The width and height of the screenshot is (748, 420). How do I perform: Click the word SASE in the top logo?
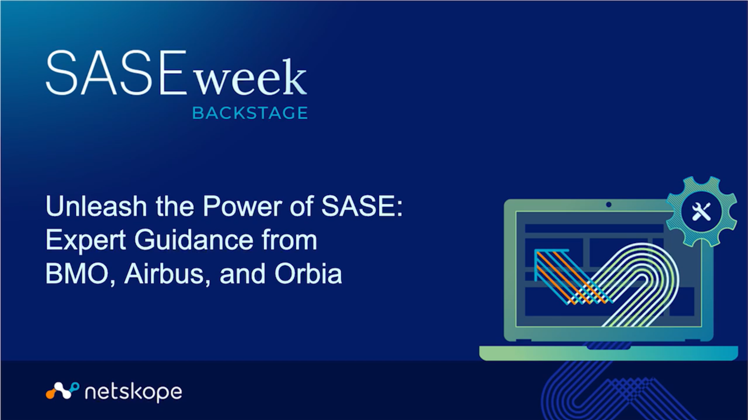[x=116, y=72]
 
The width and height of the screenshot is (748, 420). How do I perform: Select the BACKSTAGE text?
[x=250, y=113]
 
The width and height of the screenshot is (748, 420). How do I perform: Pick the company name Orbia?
[x=308, y=274]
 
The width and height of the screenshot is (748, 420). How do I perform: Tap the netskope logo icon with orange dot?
[x=63, y=391]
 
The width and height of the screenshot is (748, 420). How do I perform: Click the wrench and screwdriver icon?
[x=702, y=212]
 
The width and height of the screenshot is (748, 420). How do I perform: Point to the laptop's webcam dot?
[x=608, y=205]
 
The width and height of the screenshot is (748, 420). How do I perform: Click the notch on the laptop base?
[x=608, y=348]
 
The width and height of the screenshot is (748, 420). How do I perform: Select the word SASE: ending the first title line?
[x=362, y=206]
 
